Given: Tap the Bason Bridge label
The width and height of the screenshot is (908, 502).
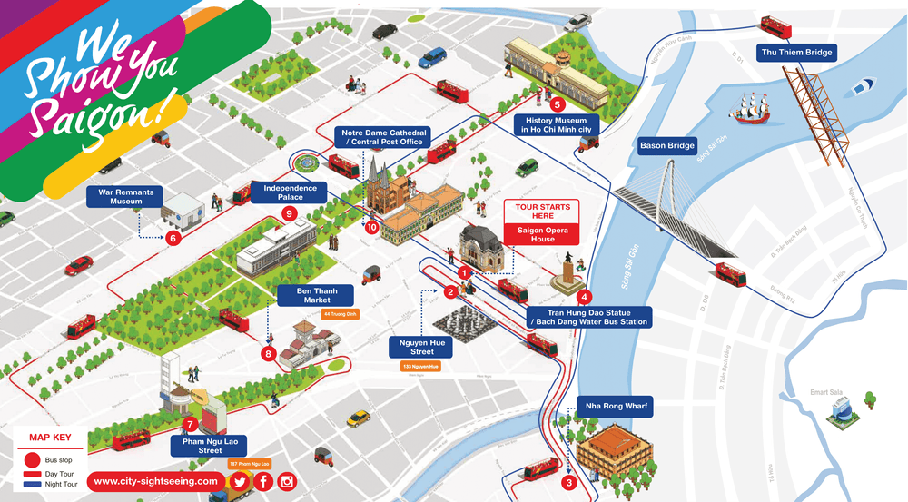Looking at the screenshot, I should (667, 145).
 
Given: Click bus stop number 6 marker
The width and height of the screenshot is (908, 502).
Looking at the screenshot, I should (173, 239).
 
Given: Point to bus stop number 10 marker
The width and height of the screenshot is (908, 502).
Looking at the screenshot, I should (371, 228).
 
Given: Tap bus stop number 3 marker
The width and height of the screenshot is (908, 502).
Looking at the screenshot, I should (569, 483).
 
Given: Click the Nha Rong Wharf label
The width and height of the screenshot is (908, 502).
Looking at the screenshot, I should (617, 406).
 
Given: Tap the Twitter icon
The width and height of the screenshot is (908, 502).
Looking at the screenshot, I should (240, 482).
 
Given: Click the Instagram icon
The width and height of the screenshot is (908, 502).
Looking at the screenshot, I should (288, 482).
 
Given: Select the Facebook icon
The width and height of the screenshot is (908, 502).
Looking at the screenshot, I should (264, 482).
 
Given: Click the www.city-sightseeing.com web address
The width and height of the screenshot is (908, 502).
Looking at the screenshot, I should (156, 481).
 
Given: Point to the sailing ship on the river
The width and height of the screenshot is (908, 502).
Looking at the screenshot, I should (752, 113).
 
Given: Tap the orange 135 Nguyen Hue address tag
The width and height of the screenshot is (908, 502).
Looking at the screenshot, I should (420, 367).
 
